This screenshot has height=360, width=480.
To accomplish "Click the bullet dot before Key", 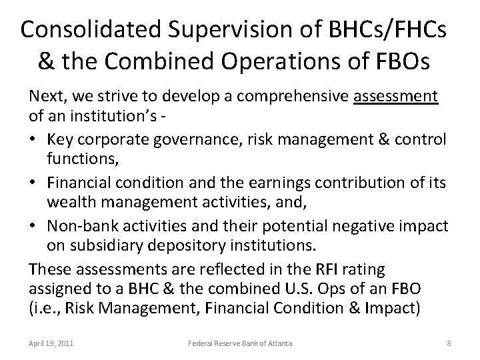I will tap(34, 140).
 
